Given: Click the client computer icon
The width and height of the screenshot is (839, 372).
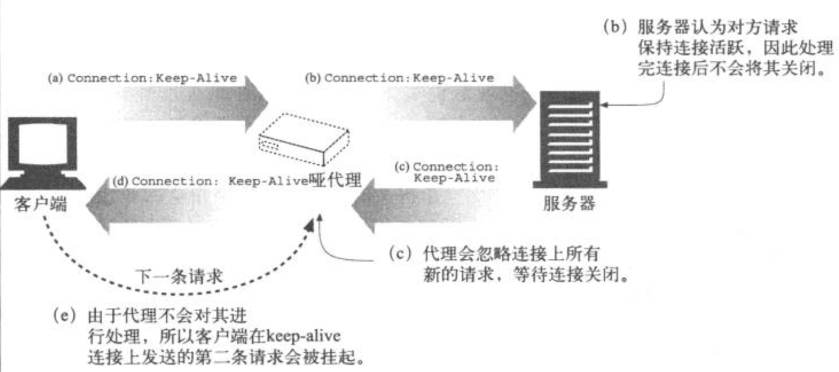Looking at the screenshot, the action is (42, 153).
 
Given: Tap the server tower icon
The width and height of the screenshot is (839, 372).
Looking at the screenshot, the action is (570, 139).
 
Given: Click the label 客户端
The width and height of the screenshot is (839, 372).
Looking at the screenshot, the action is (40, 203).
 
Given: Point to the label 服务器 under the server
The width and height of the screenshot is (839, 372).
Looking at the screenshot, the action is (569, 203).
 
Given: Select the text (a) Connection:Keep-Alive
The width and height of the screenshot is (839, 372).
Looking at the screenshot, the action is (142, 78).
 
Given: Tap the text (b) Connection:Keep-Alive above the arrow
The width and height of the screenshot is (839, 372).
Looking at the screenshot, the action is (399, 78).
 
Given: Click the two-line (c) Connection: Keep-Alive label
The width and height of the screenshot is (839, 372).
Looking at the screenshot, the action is (447, 172).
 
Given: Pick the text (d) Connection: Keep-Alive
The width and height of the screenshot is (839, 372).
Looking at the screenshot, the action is (210, 181).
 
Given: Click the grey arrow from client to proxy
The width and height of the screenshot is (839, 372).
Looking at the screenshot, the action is (194, 103).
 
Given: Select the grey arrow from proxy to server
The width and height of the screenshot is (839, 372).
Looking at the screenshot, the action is (462, 103).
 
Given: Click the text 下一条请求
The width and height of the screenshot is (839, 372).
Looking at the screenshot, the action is (179, 277).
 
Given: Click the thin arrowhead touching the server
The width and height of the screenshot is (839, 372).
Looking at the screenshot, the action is (604, 104).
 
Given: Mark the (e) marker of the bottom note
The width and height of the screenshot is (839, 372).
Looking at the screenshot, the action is (65, 316).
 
